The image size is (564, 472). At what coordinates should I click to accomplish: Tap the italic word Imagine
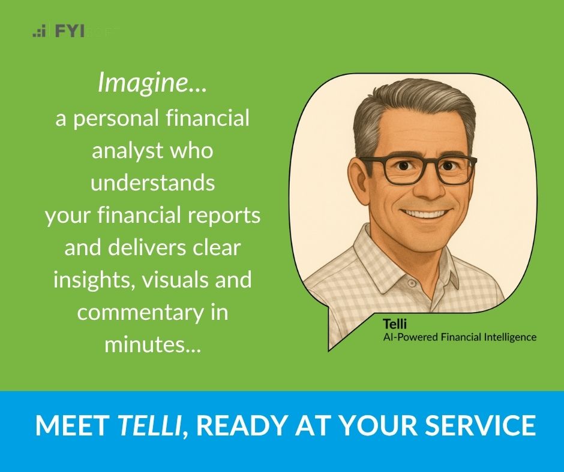pyautogui.click(x=152, y=83)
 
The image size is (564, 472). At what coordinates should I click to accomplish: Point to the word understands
pyautogui.click(x=152, y=182)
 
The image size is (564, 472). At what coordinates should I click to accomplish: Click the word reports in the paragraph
pyautogui.click(x=229, y=214)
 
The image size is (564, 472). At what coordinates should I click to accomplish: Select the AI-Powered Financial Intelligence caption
pyautogui.click(x=460, y=337)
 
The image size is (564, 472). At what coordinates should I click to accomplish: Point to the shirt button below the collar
pyautogui.click(x=412, y=282)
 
